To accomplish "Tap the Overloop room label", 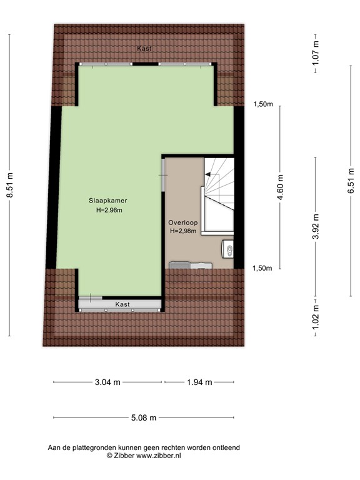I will click(182, 222).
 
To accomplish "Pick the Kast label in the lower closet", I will click(122, 304).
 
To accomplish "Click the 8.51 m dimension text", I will click(9, 186).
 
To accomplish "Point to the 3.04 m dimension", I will click(107, 382).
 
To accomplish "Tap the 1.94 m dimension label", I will click(200, 382).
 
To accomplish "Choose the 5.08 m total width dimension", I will click(143, 417).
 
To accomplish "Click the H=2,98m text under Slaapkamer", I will click(109, 210).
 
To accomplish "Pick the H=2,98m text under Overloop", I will click(182, 231).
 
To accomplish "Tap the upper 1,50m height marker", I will click(263, 105).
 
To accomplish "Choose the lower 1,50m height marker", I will click(263, 268).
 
